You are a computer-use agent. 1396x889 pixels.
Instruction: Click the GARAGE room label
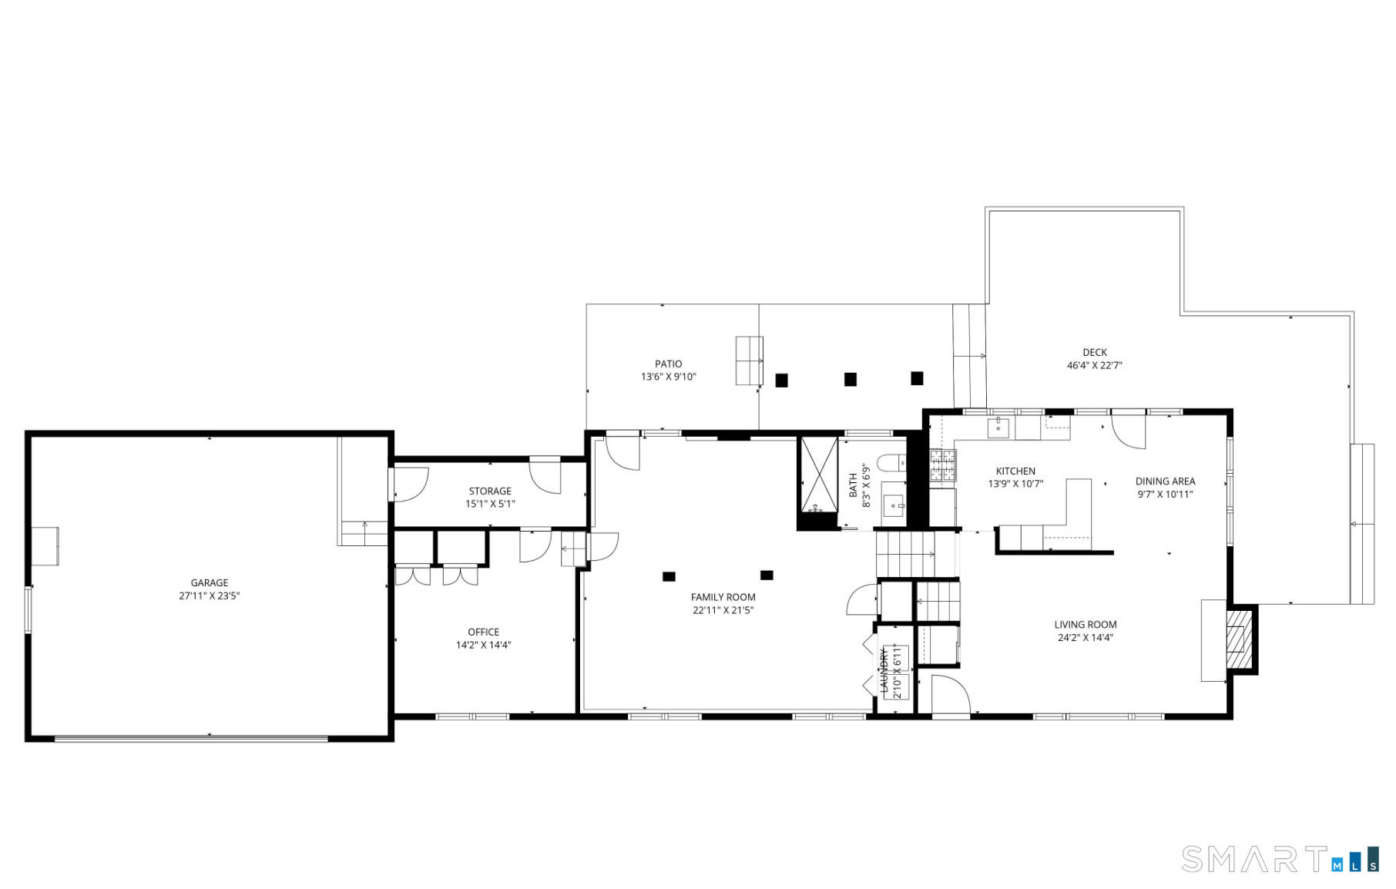210,583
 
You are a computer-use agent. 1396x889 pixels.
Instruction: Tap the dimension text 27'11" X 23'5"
210,596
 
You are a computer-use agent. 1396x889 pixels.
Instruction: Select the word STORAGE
490,491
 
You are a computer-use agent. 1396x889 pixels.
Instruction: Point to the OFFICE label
484,632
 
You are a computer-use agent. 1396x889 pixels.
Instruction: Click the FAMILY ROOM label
723,598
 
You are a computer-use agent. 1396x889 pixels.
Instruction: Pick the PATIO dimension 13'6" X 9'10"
668,377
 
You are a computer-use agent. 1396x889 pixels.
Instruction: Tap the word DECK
1094,353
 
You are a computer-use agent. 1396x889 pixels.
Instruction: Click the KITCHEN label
1015,471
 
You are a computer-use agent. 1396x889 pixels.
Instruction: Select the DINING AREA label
1165,481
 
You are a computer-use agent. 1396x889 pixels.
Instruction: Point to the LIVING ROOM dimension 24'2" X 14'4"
1085,638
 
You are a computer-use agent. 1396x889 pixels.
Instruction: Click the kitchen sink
998,428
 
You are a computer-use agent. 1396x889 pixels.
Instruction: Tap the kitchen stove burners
942,465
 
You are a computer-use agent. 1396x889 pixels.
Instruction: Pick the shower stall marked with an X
819,475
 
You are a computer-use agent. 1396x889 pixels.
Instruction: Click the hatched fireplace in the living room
1238,640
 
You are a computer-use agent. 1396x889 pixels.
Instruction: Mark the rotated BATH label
853,485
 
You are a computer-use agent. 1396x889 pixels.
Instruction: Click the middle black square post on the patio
851,379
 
